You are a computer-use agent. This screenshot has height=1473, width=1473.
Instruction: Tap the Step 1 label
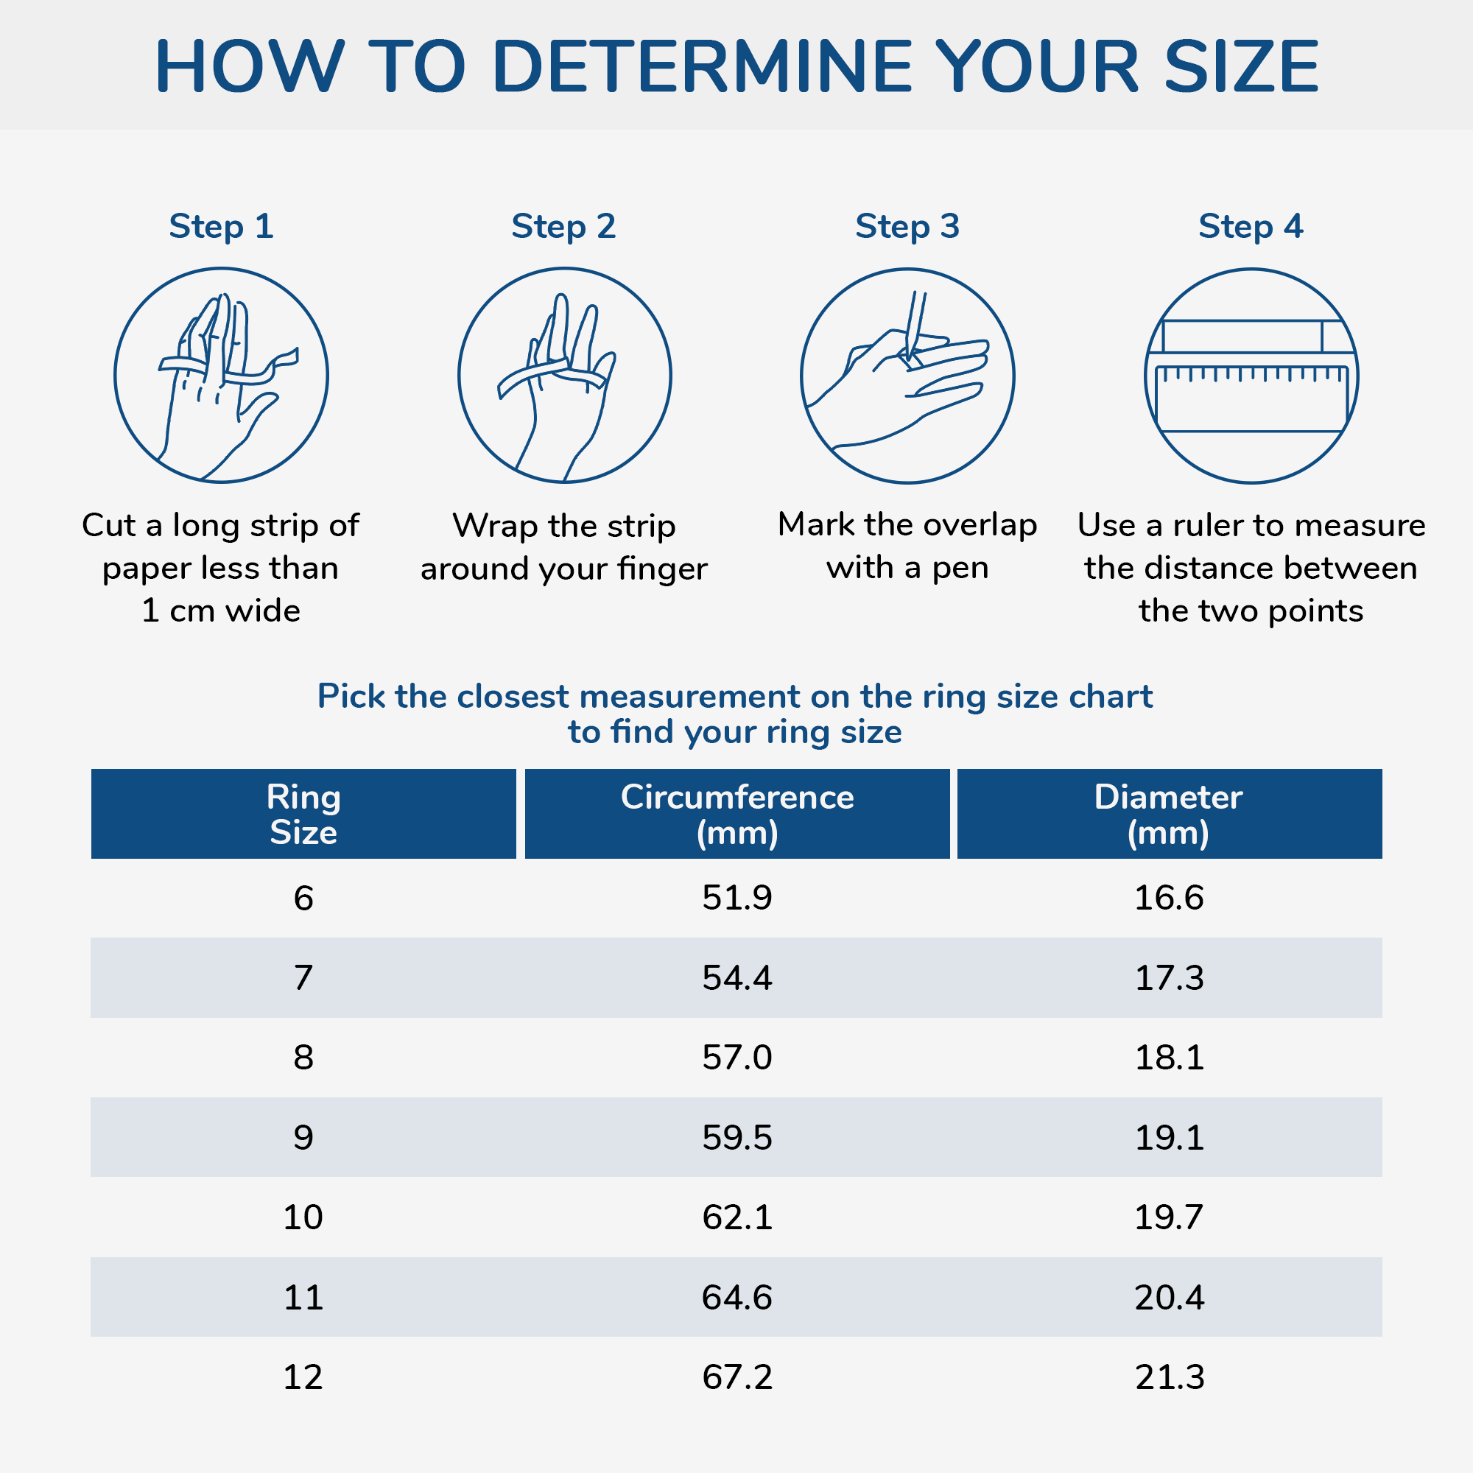(221, 226)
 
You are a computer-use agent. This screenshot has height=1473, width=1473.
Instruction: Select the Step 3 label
(907, 226)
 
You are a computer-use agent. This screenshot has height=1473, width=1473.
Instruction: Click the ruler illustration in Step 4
(1251, 376)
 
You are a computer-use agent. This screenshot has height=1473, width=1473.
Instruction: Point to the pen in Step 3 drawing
(915, 325)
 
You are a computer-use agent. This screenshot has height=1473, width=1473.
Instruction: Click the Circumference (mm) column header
(737, 815)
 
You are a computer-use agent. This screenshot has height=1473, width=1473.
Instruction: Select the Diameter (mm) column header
(1170, 815)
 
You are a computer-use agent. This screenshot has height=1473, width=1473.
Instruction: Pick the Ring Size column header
(303, 815)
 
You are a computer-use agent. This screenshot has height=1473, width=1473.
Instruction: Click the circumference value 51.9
(737, 897)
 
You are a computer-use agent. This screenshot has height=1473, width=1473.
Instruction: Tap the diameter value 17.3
(1170, 977)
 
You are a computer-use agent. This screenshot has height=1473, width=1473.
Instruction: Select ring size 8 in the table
(303, 1058)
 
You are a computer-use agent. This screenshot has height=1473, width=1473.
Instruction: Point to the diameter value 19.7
(1169, 1217)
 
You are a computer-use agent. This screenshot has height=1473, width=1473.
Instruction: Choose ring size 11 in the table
(303, 1297)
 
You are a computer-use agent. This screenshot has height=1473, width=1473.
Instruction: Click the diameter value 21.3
(1170, 1377)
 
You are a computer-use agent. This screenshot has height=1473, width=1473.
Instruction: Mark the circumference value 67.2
(737, 1377)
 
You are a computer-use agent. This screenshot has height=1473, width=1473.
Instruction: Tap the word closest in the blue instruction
(516, 696)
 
